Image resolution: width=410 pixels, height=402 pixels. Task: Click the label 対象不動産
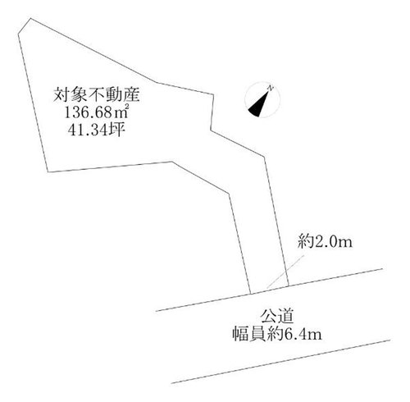[x=97, y=95]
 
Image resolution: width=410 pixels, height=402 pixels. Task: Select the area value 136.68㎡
[x=97, y=112]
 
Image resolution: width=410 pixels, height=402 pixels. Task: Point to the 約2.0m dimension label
[x=325, y=242]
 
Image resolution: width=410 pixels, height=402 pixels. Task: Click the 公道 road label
[x=277, y=317]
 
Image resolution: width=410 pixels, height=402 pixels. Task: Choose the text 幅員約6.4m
[x=277, y=334]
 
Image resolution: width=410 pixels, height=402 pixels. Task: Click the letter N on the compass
[x=271, y=88]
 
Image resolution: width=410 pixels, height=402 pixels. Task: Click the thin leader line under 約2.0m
[x=285, y=272]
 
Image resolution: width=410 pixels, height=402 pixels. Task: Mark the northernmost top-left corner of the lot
[x=30, y=18]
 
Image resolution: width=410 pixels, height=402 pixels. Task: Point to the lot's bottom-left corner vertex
[x=48, y=172]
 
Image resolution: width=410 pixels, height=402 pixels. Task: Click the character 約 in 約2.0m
[x=306, y=242]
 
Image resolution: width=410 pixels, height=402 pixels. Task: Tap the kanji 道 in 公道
[x=285, y=317]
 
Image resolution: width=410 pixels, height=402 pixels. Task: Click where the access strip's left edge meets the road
[x=251, y=294]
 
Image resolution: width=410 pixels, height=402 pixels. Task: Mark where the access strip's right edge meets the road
[x=289, y=286]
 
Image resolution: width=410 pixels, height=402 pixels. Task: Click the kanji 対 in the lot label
[x=61, y=95]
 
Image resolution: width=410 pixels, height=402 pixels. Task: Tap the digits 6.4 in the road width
[x=295, y=334]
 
